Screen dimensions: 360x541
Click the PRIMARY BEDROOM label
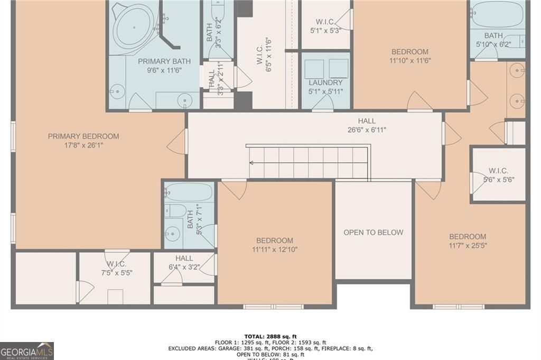coord(83,136)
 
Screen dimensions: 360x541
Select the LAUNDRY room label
coord(325,82)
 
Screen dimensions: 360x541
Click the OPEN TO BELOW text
coord(373,232)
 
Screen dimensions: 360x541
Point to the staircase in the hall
coord(308,162)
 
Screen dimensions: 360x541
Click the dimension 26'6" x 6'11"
coord(367,130)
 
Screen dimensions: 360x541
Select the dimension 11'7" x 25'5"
coord(468,245)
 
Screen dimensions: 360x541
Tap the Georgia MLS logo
coord(27,350)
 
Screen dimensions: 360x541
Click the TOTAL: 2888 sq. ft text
coord(270,336)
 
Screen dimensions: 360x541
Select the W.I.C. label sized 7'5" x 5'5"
coord(116,264)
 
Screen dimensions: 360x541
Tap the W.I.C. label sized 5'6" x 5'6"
coord(498,171)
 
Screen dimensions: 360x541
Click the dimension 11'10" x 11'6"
coord(409,60)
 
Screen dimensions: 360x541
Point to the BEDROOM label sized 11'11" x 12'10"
coord(275,241)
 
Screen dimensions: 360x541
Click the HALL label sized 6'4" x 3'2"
coord(184,258)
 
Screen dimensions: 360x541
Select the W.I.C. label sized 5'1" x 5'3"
coord(325,22)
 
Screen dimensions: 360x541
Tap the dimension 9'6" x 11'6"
coord(164,70)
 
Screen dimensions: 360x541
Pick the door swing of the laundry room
coord(322,103)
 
